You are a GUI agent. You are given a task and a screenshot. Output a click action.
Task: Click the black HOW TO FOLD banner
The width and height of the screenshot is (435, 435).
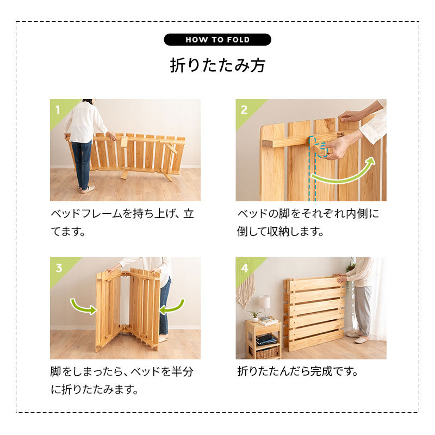[x=217, y=40]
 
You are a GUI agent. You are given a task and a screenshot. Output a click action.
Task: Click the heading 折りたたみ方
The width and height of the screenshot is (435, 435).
[x=217, y=65]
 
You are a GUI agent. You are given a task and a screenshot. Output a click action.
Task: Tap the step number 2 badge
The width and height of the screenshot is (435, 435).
[x=244, y=109]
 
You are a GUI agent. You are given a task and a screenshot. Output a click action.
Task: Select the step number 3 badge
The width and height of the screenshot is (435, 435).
[x=58, y=267]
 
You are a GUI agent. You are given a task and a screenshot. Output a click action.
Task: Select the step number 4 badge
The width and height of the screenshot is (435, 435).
[x=244, y=267]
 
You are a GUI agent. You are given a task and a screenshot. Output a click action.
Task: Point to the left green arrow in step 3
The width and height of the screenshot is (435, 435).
[x=83, y=307]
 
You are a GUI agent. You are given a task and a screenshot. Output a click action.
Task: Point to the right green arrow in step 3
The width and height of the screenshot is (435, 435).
[x=172, y=306]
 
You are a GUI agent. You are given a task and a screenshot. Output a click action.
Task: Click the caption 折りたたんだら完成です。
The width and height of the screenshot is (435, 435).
[x=298, y=372]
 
